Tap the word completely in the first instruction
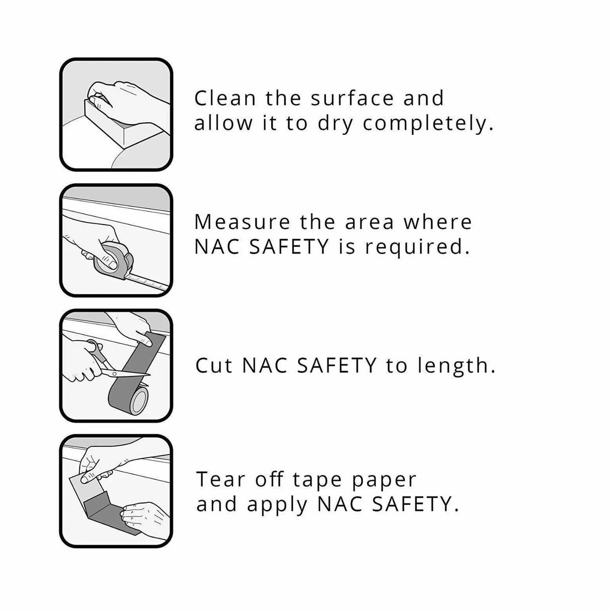click(427, 124)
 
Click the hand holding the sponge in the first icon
click(126, 98)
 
